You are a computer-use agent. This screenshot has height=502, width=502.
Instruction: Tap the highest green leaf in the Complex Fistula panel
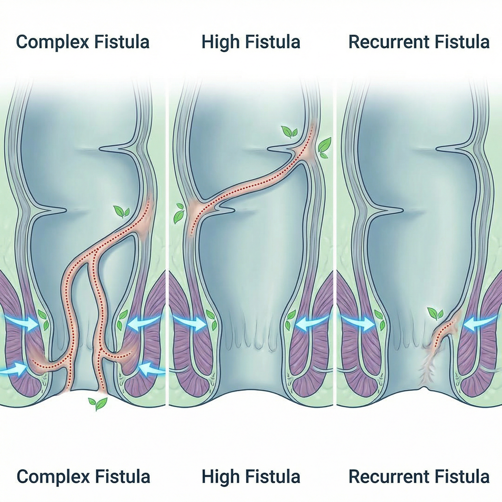(121, 212)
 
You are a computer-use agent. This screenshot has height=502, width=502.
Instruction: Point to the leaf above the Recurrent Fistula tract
(435, 313)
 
